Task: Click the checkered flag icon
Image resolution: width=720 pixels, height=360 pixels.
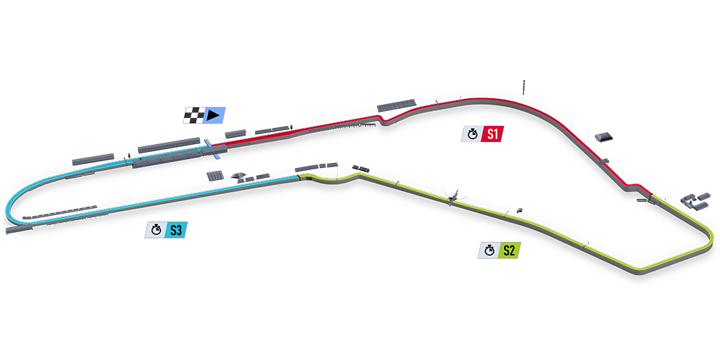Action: pos(193,115)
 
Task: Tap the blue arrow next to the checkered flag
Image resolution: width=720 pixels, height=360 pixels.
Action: pos(214,115)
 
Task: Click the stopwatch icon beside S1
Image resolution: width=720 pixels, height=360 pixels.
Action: pos(472,134)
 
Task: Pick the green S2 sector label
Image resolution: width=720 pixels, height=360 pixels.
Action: pos(508,250)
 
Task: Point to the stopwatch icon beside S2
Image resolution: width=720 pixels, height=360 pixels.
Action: pos(489,250)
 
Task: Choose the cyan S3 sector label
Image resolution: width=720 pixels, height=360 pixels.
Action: pos(175,229)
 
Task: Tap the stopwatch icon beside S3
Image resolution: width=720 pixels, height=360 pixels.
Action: pos(155,229)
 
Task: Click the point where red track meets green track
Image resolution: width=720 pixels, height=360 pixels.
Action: pos(652,193)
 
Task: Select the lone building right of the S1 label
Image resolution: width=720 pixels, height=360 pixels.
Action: pos(602,136)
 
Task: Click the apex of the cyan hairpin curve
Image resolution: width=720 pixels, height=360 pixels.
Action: pos(8,208)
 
